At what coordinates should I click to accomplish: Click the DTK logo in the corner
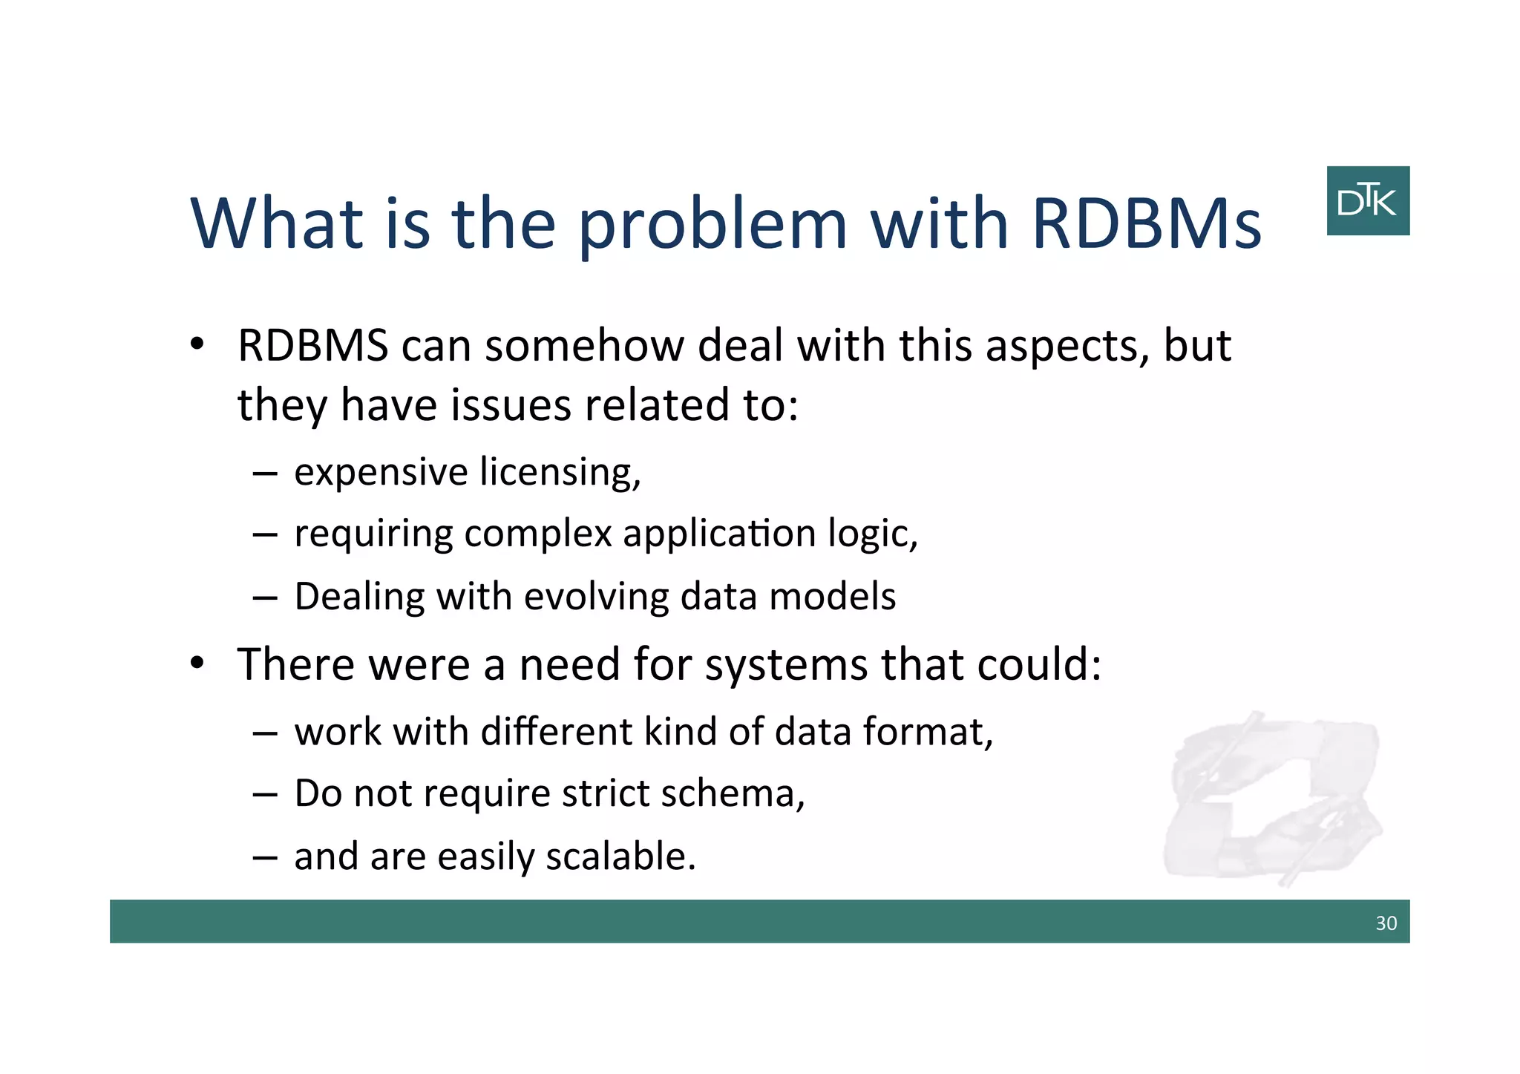pyautogui.click(x=1367, y=200)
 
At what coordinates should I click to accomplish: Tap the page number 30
pyautogui.click(x=1386, y=923)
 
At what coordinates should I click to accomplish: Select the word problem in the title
pyautogui.click(x=711, y=223)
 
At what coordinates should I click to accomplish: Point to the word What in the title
pyautogui.click(x=277, y=223)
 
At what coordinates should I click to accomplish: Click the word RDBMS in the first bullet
pyautogui.click(x=312, y=346)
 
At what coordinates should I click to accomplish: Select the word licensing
pyautogui.click(x=560, y=473)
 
